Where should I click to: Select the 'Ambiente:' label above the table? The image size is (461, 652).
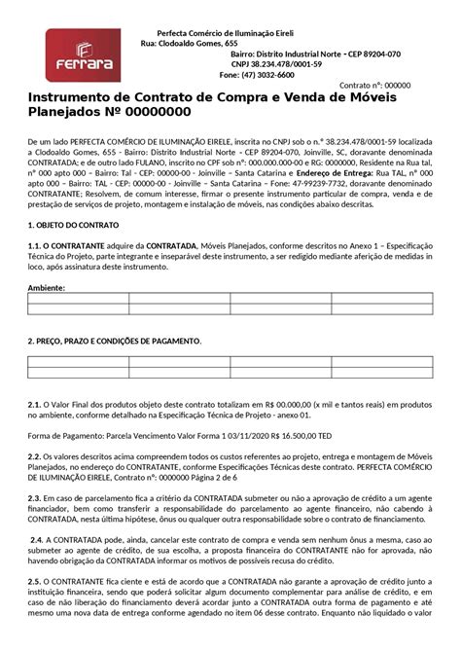[x=47, y=288]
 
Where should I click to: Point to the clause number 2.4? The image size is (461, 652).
[x=36, y=542]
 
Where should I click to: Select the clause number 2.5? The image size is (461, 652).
[x=34, y=585]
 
